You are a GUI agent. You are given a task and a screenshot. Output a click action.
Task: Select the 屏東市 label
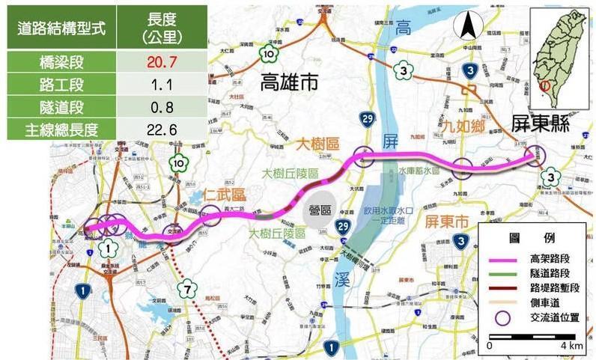tap(446, 222)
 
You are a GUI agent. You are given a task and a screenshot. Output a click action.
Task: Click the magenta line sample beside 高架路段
tap(502, 258)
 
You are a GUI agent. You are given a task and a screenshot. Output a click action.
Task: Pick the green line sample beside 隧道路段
tap(502, 272)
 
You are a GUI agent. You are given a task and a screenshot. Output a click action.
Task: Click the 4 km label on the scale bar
tap(571, 346)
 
